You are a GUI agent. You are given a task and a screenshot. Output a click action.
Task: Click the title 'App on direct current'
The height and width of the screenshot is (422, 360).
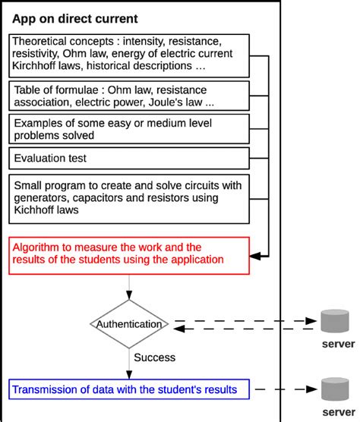[75, 19]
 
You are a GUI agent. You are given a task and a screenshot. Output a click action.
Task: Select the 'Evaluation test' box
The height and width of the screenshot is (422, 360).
[129, 158]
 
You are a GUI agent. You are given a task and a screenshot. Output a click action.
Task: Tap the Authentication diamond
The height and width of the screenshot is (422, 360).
[129, 324]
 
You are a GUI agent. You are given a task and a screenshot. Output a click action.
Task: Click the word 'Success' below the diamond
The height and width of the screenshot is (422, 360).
[154, 357]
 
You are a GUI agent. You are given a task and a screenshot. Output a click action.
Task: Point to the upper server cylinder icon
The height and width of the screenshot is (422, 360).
[335, 321]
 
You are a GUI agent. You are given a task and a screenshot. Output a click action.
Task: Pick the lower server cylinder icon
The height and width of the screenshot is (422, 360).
[335, 389]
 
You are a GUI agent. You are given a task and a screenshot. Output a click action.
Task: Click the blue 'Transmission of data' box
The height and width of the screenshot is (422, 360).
[129, 389]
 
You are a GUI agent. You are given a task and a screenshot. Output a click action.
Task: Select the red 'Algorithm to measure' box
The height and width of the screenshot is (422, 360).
[129, 256]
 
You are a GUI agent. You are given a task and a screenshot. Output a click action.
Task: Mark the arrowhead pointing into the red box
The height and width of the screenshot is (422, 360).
[255, 256]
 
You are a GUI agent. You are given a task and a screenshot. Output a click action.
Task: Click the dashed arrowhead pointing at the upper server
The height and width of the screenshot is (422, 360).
[311, 321]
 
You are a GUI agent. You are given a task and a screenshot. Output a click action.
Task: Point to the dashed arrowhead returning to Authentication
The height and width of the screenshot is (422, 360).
[179, 329]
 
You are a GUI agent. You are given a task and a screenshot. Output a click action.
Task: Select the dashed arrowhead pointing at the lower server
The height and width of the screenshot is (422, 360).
[311, 389]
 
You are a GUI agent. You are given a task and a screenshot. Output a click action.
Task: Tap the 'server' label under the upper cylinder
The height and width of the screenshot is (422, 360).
[339, 344]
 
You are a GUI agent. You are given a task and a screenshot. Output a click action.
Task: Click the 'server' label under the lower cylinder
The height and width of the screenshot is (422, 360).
[339, 412]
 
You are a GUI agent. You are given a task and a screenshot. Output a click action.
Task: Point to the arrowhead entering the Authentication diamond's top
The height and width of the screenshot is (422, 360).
[129, 295]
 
